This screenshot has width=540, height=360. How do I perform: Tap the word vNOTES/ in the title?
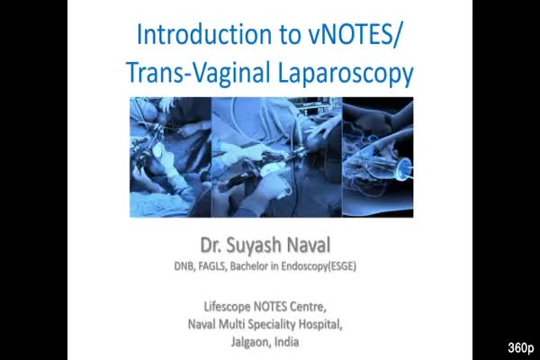click(355, 35)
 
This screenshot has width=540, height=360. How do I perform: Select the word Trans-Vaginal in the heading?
click(198, 73)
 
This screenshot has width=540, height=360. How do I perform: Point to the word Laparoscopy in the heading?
click(346, 74)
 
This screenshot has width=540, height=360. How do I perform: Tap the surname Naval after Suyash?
click(309, 245)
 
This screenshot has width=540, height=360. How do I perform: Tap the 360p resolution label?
click(521, 347)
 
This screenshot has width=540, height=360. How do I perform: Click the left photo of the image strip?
click(170, 157)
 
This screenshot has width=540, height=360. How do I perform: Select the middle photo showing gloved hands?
click(276, 157)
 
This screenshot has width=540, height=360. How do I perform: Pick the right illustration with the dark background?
click(378, 157)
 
